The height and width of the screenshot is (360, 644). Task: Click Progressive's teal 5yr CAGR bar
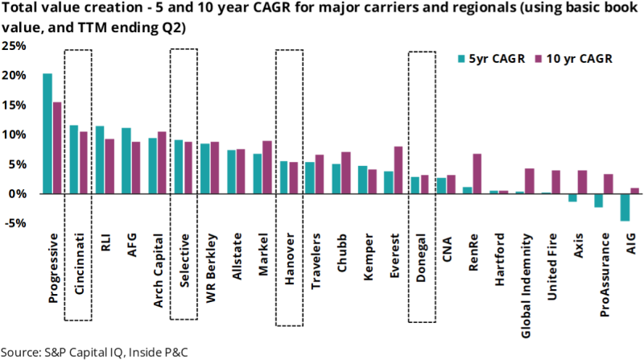click(47, 134)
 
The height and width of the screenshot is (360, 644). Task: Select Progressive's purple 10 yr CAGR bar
click(57, 148)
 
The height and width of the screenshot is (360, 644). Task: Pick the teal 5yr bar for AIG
click(625, 207)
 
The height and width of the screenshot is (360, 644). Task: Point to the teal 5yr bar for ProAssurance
click(598, 201)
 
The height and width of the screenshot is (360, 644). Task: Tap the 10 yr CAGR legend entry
click(571, 58)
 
